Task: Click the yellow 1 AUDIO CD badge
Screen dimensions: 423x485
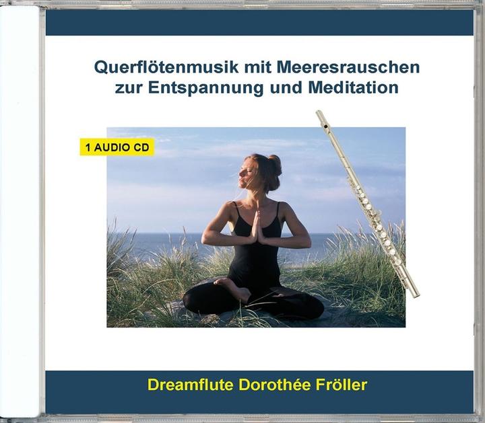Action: click(x=117, y=146)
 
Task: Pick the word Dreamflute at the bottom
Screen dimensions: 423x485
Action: click(x=190, y=385)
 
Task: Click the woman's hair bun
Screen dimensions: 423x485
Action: click(x=276, y=163)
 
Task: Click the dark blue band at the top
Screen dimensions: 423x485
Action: click(x=259, y=23)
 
